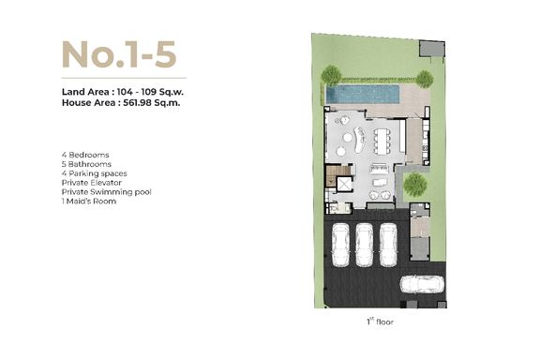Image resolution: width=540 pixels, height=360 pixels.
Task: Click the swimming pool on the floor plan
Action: pyautogui.click(x=363, y=95)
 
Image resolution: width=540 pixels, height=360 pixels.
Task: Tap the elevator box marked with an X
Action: pyautogui.click(x=344, y=184)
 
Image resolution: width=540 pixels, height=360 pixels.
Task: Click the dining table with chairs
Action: pyautogui.click(x=382, y=142)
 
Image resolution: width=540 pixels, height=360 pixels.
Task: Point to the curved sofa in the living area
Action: pyautogui.click(x=359, y=139)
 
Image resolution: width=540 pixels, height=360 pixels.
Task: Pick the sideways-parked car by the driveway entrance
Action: pyautogui.click(x=422, y=284)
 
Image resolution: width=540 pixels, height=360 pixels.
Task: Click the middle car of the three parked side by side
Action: pyautogui.click(x=365, y=245)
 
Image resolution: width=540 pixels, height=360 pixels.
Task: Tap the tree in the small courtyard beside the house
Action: pyautogui.click(x=415, y=185)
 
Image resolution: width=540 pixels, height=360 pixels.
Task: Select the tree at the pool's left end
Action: pyautogui.click(x=331, y=75)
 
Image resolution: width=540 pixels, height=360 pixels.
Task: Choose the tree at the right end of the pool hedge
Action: pyautogui.click(x=425, y=80)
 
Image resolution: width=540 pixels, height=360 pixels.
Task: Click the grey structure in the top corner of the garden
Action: pyautogui.click(x=432, y=49)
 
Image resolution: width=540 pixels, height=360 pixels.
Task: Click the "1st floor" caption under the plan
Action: pyautogui.click(x=380, y=322)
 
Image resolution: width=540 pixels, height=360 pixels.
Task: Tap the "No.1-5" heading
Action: pyautogui.click(x=119, y=54)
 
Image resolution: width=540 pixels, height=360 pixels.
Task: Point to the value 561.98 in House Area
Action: pyautogui.click(x=137, y=103)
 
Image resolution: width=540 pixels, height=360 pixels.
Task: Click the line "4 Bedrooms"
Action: pyautogui.click(x=85, y=155)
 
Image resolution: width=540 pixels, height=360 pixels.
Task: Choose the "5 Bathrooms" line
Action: pyautogui.click(x=86, y=164)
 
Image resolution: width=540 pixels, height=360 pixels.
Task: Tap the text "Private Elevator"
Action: pyautogui.click(x=92, y=183)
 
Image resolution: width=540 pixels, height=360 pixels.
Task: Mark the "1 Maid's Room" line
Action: pyautogui.click(x=89, y=202)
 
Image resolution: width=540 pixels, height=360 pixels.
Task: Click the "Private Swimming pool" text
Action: pyautogui.click(x=107, y=192)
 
